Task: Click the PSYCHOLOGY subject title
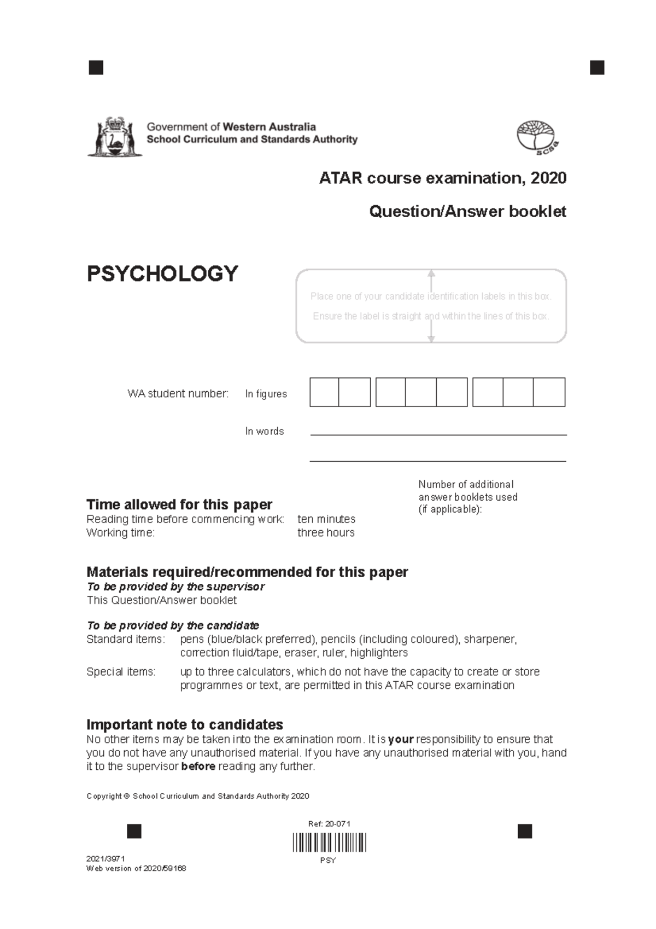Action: [x=162, y=274]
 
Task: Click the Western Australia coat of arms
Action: [x=114, y=137]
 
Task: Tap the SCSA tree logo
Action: [x=537, y=137]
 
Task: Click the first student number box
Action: [x=324, y=392]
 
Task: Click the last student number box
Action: [x=549, y=392]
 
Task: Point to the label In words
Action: [x=265, y=431]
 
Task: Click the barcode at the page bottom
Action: [x=329, y=843]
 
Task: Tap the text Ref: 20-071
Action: [x=329, y=824]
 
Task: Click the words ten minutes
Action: [x=326, y=519]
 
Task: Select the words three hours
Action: [x=326, y=532]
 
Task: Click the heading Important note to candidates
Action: [x=185, y=724]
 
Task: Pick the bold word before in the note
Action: [x=198, y=767]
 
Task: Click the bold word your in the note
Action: [x=401, y=739]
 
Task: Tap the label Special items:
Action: [x=121, y=671]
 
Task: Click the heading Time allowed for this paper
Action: [x=179, y=504]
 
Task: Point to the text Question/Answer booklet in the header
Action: [x=467, y=212]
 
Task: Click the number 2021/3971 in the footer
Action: [x=106, y=859]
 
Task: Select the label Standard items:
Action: [x=125, y=639]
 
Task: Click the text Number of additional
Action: [x=466, y=484]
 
